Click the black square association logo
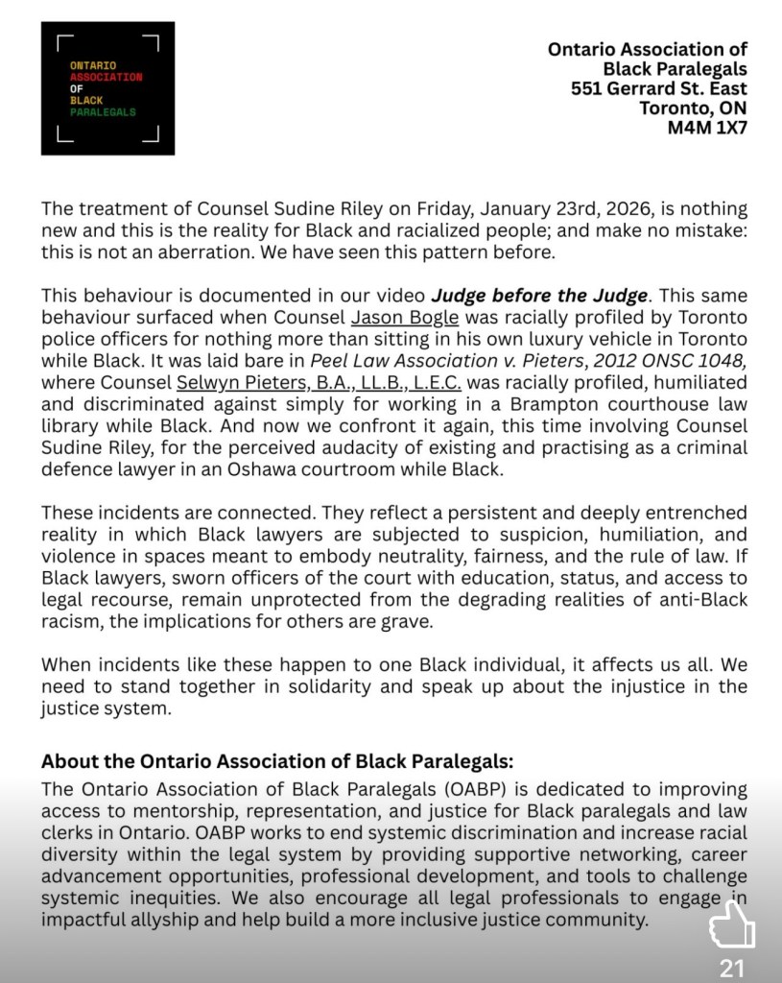coord(107,88)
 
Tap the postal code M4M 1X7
coord(707,128)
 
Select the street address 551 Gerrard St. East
coord(658,88)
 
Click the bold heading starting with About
coord(277,762)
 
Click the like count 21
coord(732,968)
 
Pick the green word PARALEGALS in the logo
coord(103,112)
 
